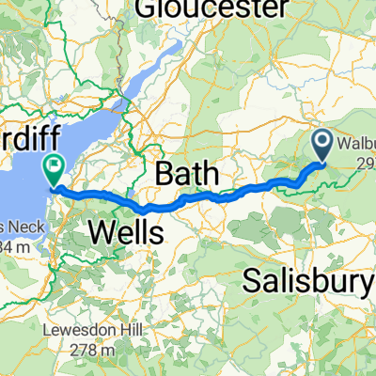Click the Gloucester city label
coord(211,9)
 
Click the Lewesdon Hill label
coord(90,331)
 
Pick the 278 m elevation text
coord(90,350)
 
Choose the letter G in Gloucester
coord(147,9)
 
